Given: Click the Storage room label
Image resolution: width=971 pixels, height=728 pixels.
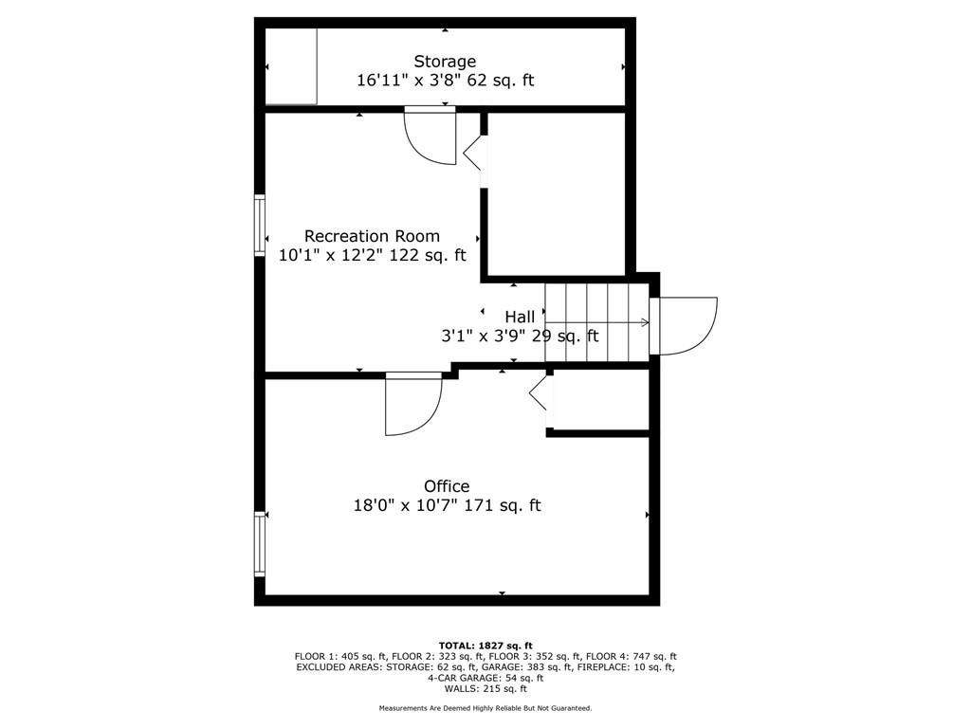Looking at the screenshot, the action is click(x=445, y=62).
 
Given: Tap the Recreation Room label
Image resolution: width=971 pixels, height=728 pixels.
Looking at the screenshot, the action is click(x=372, y=236).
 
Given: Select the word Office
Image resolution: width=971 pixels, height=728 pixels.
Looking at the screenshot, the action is click(x=447, y=486).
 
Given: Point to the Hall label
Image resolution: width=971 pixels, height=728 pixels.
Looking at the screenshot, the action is click(x=520, y=317).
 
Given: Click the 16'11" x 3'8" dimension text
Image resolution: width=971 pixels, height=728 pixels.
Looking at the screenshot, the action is click(x=409, y=81).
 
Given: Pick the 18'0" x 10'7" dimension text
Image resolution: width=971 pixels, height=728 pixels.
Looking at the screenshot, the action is click(x=406, y=505).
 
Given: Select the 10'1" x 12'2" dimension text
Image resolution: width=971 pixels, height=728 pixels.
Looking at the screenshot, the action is click(x=330, y=255).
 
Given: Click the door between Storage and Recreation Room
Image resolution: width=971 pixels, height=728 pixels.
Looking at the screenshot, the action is click(x=430, y=136).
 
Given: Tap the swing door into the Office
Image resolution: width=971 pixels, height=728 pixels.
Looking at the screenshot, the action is click(x=413, y=404).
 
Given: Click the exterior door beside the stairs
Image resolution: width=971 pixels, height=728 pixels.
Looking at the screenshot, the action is click(x=684, y=326).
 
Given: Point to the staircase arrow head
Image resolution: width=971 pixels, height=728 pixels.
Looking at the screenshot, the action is click(x=645, y=322).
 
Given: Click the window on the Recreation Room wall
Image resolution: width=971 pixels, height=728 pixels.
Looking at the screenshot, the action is click(x=260, y=225).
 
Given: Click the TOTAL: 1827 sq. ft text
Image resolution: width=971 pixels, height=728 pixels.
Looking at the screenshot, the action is click(x=485, y=646).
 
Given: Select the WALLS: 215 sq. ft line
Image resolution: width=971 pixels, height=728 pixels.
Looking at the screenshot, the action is click(x=485, y=688).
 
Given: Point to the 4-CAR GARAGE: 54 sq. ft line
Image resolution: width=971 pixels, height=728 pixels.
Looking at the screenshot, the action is click(x=485, y=678).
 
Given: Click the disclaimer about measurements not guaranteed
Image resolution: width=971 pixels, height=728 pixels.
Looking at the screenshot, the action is click(x=485, y=708).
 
